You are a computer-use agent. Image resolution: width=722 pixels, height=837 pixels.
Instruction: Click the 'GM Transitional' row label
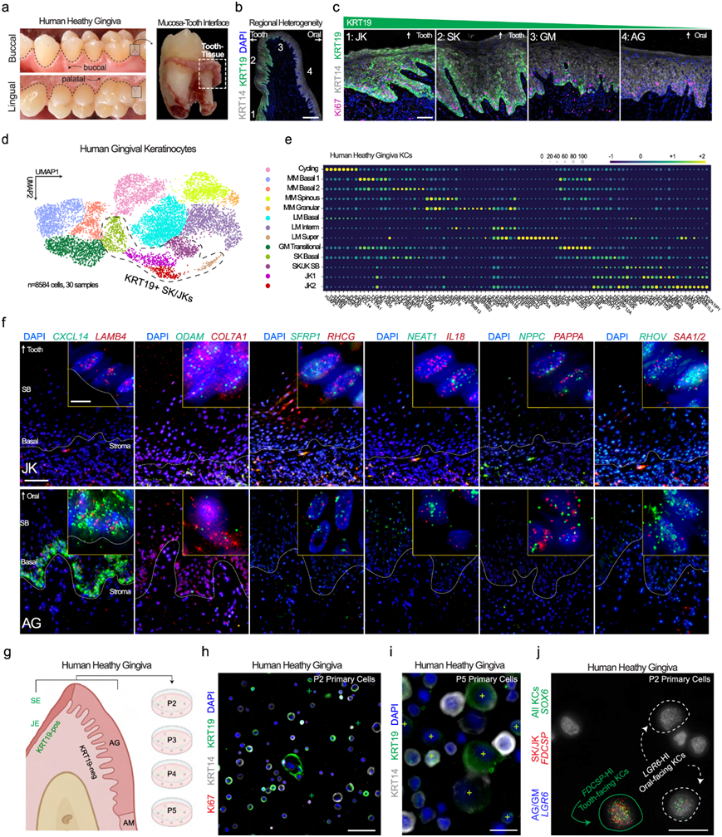[x=298, y=247]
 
